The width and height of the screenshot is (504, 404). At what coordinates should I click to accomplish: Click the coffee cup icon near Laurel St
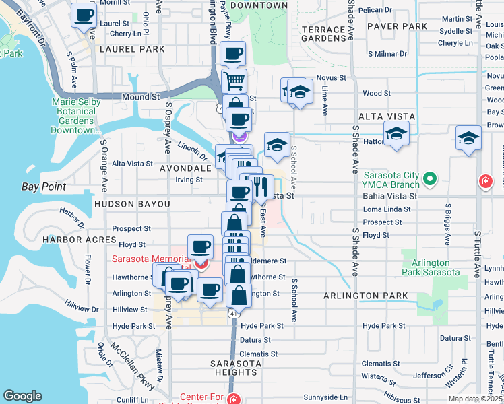click(x=84, y=15)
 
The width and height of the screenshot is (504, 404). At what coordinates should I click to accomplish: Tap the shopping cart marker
click(x=234, y=81)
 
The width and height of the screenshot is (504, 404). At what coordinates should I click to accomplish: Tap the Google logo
click(x=22, y=396)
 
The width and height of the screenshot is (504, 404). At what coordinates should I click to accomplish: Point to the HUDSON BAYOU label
click(x=132, y=203)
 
